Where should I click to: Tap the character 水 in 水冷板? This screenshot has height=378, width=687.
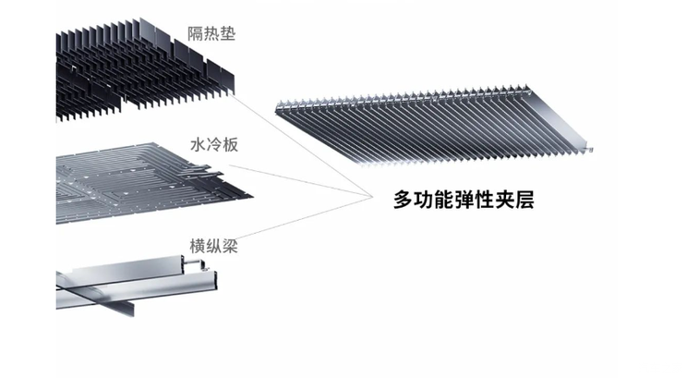tap(197, 144)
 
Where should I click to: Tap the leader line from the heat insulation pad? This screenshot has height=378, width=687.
tap(295, 139)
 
